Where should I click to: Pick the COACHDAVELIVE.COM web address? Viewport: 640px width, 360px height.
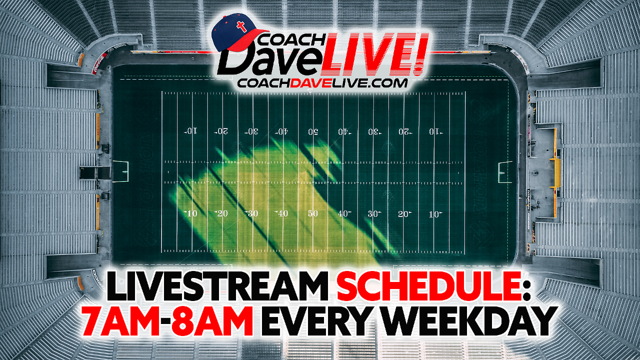click(323, 83)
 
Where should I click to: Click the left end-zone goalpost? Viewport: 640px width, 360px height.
click(120, 171)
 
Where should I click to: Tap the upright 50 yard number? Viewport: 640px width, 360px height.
click(312, 213)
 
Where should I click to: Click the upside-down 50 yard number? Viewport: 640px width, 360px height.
click(313, 131)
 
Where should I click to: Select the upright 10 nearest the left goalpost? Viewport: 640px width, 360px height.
click(190, 213)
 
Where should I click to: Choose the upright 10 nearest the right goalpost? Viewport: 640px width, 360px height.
click(435, 214)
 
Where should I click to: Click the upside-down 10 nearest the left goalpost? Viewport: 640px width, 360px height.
click(191, 131)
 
